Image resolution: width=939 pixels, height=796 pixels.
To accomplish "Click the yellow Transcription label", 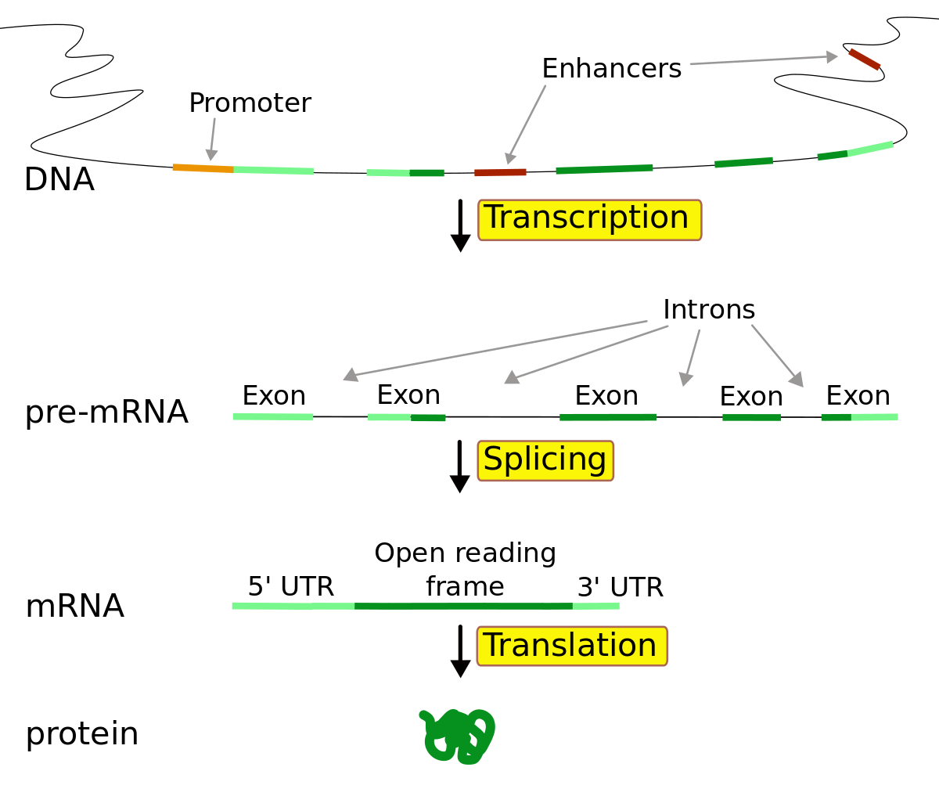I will [589, 219].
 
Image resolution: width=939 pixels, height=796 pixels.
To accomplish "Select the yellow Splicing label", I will [545, 460].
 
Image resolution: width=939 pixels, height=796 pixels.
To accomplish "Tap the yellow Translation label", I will [572, 646].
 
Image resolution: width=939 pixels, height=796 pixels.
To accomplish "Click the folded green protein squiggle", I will [457, 737].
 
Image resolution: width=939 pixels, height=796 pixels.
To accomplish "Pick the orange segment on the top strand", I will [203, 167].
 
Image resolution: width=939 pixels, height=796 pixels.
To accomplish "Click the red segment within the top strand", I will [500, 172].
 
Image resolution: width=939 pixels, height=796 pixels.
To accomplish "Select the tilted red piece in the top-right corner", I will [865, 59].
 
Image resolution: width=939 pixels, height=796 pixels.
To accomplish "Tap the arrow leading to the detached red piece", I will [763, 60].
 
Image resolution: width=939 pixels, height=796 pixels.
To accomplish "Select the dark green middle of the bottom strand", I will [463, 606].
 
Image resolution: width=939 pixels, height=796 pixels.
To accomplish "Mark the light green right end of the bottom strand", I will [596, 606].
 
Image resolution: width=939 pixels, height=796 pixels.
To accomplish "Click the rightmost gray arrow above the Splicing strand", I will [777, 355].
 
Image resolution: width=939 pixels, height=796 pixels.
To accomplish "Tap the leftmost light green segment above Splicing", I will [272, 416].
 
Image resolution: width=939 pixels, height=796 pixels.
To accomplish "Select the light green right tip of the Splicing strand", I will [875, 417].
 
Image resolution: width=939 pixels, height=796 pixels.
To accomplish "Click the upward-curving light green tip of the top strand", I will [870, 148].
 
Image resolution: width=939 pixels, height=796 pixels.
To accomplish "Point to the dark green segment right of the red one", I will [604, 169].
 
